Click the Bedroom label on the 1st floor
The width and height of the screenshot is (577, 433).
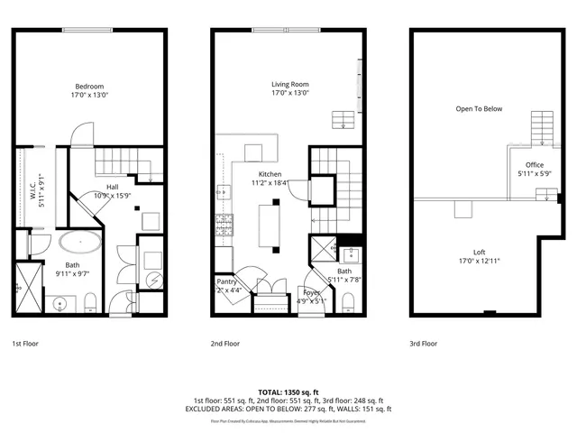pyautogui.click(x=88, y=87)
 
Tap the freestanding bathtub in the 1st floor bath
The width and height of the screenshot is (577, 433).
pyautogui.click(x=81, y=243)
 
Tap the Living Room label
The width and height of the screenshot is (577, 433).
pyautogui.click(x=290, y=87)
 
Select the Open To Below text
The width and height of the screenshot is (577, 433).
pyautogui.click(x=478, y=109)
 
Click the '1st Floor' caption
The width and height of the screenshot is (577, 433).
pyautogui.click(x=24, y=344)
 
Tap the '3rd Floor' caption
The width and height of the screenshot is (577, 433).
pyautogui.click(x=423, y=344)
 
